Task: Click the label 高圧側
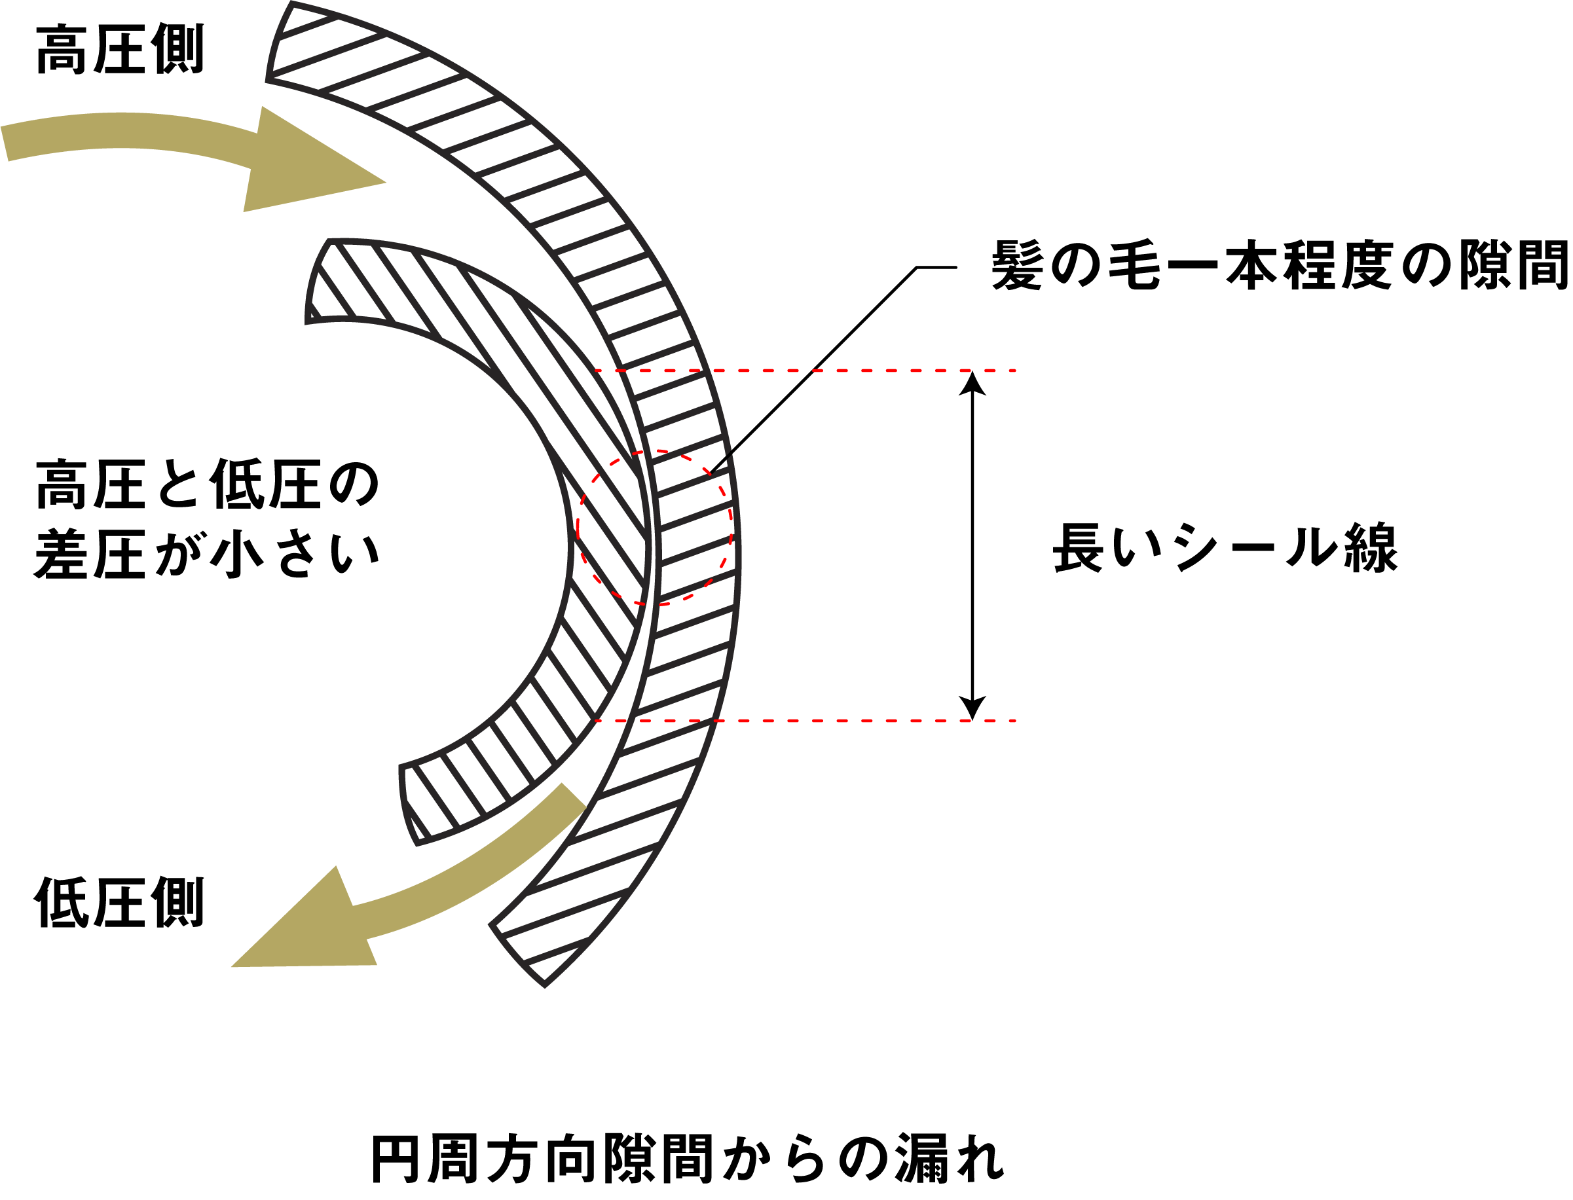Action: pos(120,49)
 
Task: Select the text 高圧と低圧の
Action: pos(207,484)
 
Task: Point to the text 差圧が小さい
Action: pos(207,555)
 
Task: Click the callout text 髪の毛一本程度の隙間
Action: pos(1280,265)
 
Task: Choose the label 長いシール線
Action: pos(1225,548)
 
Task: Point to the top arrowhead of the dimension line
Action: pos(972,383)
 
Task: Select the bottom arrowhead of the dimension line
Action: pos(972,708)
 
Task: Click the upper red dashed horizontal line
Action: pos(805,371)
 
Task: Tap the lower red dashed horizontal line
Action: pos(805,721)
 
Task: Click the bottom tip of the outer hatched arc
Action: pos(544,987)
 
